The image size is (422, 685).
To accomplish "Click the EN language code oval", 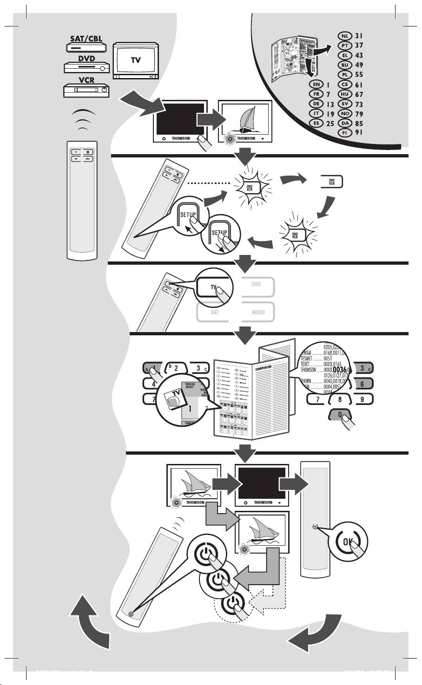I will pos(316,85).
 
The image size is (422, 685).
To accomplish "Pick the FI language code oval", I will pos(344,132).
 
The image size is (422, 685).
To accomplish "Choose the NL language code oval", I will pos(344,36).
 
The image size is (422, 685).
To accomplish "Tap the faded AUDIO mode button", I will pos(258,312).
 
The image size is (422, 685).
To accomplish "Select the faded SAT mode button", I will pos(214,312).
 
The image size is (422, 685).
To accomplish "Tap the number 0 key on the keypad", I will pos(342,414).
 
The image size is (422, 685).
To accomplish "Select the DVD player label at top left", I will pos(86,59).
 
